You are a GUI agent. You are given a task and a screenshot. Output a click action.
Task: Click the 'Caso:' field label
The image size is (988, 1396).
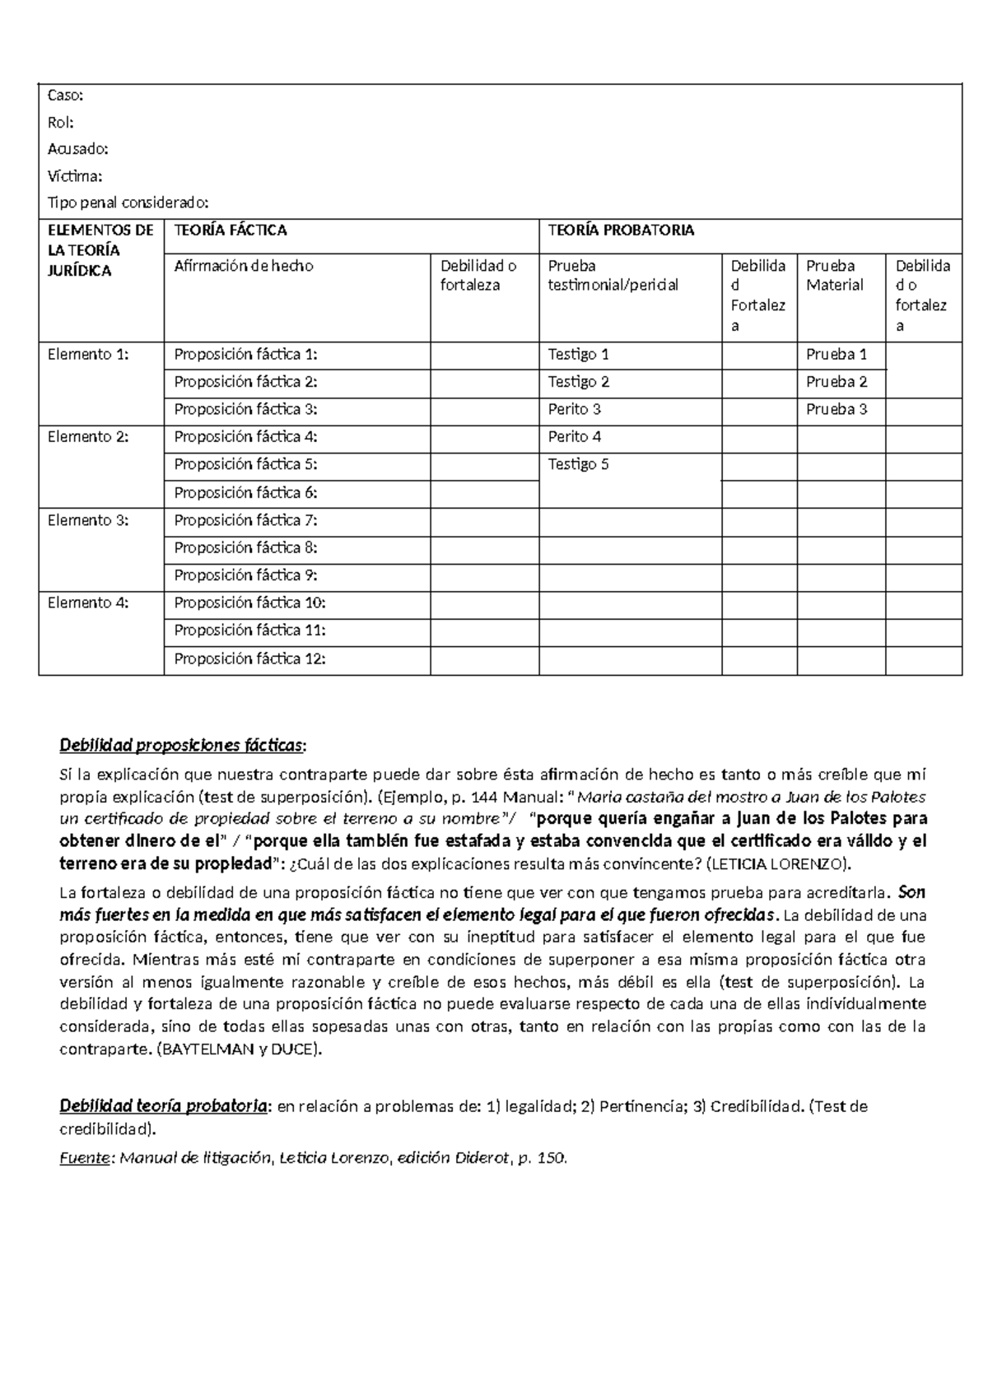(x=65, y=95)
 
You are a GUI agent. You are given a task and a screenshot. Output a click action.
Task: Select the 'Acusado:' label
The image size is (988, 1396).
(x=77, y=149)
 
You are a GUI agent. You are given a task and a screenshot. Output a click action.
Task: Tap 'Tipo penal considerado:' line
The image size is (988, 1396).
(x=128, y=202)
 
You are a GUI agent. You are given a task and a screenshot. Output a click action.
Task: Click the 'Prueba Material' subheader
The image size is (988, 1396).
(x=834, y=276)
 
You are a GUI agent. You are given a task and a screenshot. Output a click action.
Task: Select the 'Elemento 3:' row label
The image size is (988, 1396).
(x=88, y=520)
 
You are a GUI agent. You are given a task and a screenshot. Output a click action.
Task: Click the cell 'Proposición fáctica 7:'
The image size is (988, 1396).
(x=245, y=520)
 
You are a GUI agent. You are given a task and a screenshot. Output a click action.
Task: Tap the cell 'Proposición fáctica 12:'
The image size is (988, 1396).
(x=249, y=658)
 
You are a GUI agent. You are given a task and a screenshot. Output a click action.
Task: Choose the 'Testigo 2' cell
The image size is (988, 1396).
(x=578, y=382)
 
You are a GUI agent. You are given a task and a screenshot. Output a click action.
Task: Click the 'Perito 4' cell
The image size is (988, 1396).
(x=575, y=437)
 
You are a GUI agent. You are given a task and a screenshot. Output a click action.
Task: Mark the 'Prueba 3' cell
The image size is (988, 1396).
(x=836, y=409)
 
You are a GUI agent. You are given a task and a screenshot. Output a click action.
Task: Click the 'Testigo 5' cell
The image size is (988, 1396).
(x=578, y=464)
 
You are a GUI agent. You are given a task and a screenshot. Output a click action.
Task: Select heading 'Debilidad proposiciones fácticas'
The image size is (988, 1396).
(x=182, y=746)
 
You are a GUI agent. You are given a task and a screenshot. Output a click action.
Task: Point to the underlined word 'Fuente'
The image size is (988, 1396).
(x=85, y=1158)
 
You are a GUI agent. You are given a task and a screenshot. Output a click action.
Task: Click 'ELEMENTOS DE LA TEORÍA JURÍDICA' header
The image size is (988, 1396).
(x=100, y=250)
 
